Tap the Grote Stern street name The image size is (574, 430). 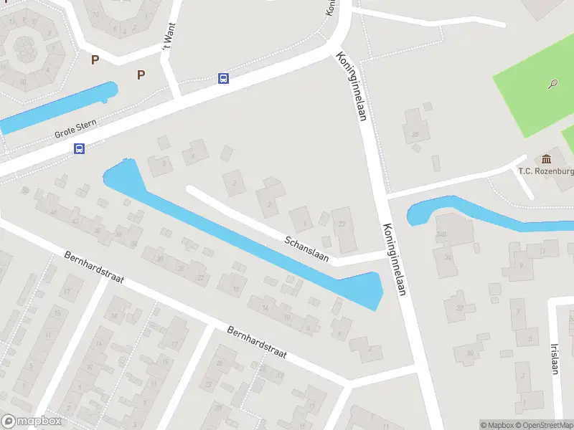tap(75, 130)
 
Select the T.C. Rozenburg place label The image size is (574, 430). tap(546, 171)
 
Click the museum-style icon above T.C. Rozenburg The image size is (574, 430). tap(547, 158)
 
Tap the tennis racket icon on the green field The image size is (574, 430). tap(553, 84)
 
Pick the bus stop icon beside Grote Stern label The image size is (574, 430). tap(79, 149)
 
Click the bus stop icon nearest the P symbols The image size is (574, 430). tap(224, 78)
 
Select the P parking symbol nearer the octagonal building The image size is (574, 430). tap(95, 60)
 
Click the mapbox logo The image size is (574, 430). tap(32, 421)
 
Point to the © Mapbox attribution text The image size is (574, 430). tap(497, 425)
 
